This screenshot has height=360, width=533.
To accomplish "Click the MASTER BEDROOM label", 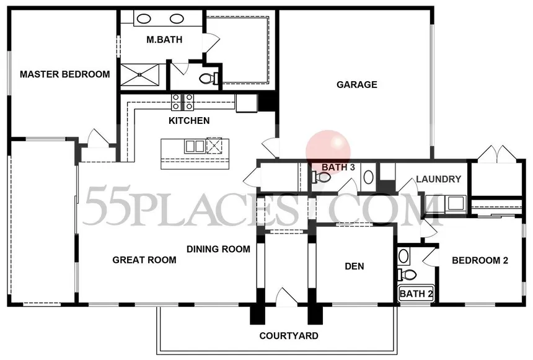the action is [65, 74].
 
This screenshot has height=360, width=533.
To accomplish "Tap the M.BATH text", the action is [164, 40].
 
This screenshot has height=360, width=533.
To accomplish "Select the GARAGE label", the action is [356, 85].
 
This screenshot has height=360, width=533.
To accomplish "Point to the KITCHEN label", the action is [189, 121].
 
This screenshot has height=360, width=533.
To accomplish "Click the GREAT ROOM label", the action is [144, 260].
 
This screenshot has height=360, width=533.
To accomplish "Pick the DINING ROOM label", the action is [218, 249].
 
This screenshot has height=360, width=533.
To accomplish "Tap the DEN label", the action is [355, 266].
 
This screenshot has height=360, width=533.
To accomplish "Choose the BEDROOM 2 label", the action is [480, 260].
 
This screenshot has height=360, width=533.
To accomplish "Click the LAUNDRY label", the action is [439, 179].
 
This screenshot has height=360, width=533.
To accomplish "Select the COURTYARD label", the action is [289, 336].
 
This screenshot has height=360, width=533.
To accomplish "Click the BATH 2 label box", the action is [416, 294].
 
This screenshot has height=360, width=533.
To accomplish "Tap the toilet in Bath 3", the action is [320, 177].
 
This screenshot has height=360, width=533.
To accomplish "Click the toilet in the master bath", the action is [209, 79].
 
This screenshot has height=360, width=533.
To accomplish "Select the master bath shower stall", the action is [139, 74].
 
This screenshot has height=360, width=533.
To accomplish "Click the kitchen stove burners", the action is [183, 102].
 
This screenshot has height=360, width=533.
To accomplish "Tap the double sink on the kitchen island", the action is [195, 146].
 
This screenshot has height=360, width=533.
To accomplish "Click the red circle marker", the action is [328, 152].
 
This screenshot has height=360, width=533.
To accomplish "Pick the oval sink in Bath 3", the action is [369, 177].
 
